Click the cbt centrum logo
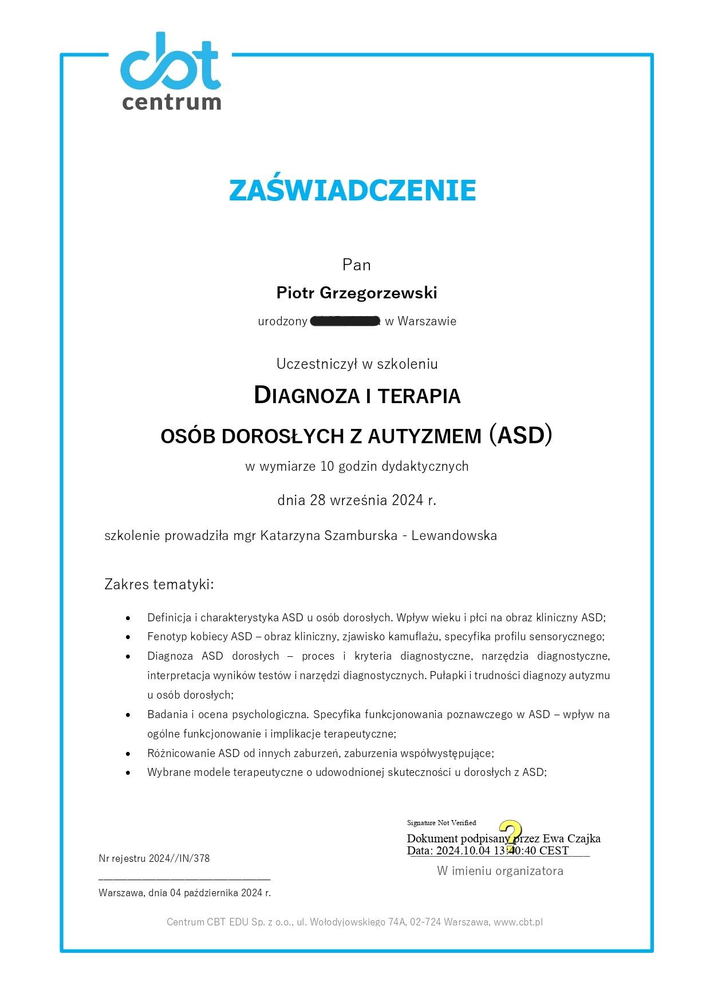(171, 72)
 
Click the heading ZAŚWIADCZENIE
(353, 190)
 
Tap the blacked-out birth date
(345, 321)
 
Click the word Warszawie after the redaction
(427, 321)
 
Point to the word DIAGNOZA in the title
(306, 396)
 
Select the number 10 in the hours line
(327, 467)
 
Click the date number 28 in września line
(317, 500)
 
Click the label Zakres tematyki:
(159, 585)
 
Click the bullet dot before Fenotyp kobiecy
(128, 637)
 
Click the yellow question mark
(510, 835)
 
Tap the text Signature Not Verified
(441, 823)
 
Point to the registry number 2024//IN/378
(179, 859)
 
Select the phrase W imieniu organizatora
(500, 872)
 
